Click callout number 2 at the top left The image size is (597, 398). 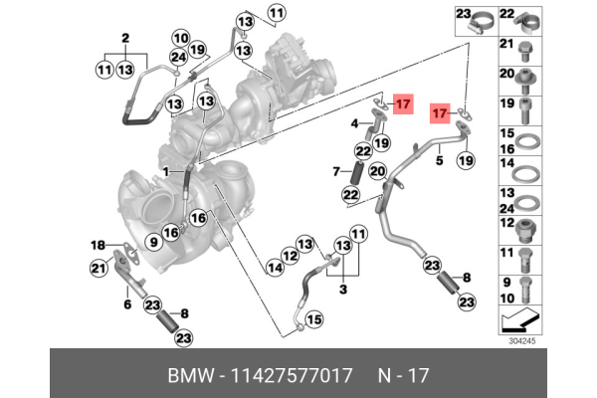click(x=126, y=38)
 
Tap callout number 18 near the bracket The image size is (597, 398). click(x=98, y=245)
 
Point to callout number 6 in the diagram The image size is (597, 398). click(x=126, y=303)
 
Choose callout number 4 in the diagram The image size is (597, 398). click(x=353, y=123)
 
